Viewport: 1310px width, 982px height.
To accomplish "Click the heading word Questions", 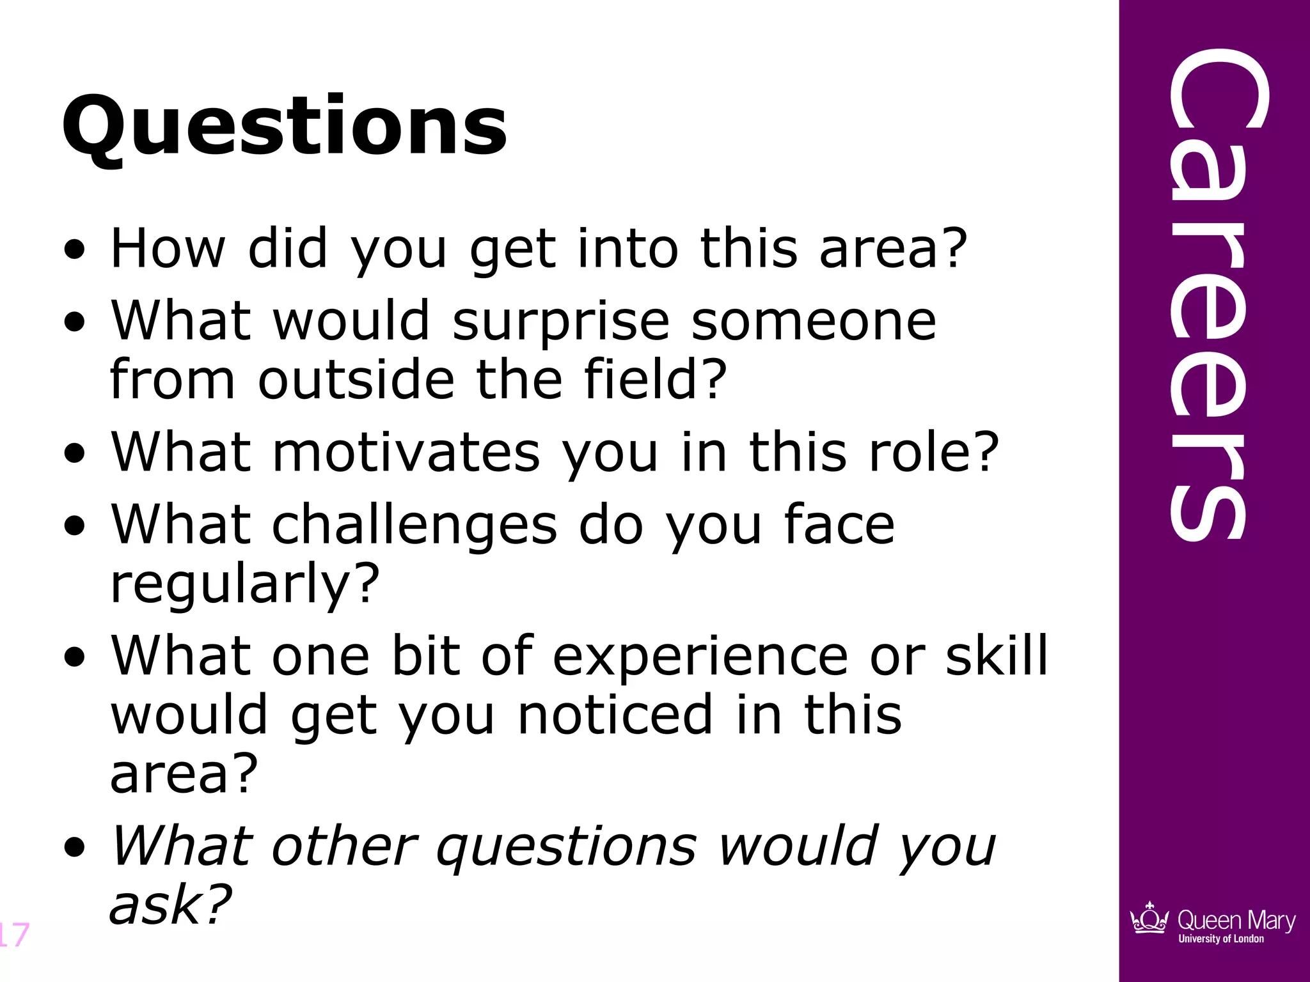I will click(x=285, y=127).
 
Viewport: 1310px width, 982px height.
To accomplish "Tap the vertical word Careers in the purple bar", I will click(x=1208, y=294).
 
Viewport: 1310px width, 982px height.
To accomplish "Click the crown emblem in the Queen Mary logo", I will click(x=1149, y=919).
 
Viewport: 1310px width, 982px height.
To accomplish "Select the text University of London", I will click(x=1220, y=939).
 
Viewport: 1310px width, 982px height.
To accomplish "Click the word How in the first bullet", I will click(x=168, y=248).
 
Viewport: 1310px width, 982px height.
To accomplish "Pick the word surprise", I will click(x=560, y=321).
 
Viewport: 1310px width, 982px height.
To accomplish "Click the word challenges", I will click(x=414, y=526).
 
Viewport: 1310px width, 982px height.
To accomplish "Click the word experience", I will click(x=700, y=657).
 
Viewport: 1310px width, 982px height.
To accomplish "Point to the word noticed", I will click(x=615, y=715).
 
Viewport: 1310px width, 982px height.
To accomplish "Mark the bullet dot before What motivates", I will click(x=75, y=453).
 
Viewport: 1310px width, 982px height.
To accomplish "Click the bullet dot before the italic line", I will click(x=75, y=847).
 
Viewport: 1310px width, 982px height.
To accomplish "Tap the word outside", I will click(x=356, y=379).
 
